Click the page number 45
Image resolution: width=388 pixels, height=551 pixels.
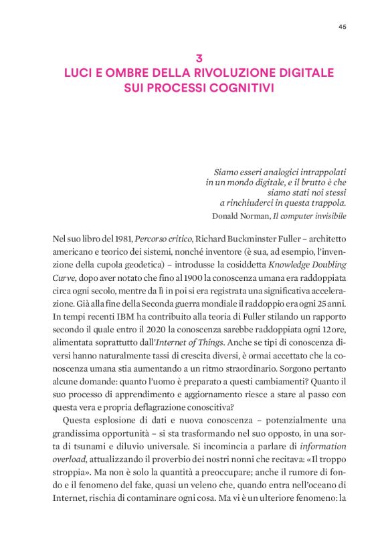point(342,27)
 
